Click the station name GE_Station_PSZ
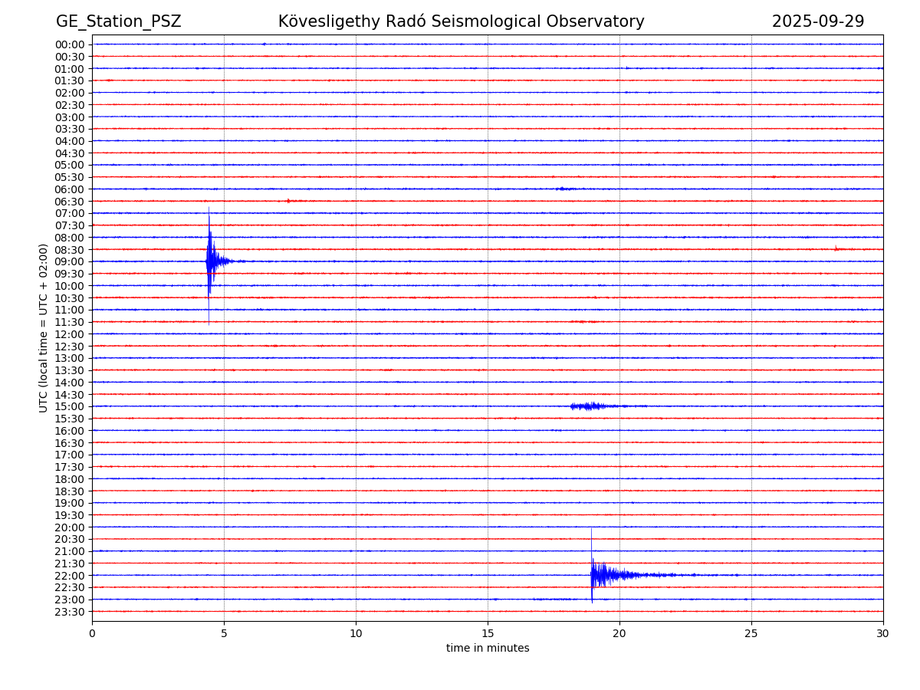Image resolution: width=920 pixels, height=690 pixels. pyautogui.click(x=118, y=22)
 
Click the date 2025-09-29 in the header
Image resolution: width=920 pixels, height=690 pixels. pyautogui.click(x=817, y=22)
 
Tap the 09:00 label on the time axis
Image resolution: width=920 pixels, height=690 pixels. pyautogui.click(x=70, y=261)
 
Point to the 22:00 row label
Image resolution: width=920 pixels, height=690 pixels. pyautogui.click(x=70, y=576)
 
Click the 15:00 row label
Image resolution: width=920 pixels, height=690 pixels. pyautogui.click(x=70, y=406)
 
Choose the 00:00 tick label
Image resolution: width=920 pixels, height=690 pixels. pyautogui.click(x=70, y=44)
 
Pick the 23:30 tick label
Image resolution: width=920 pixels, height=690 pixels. pyautogui.click(x=70, y=612)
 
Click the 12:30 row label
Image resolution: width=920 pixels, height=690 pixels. pyautogui.click(x=70, y=347)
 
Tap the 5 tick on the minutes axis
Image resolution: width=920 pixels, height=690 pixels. pyautogui.click(x=224, y=634)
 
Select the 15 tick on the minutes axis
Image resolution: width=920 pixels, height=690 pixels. pyautogui.click(x=488, y=634)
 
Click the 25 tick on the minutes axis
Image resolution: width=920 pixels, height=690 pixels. pyautogui.click(x=751, y=634)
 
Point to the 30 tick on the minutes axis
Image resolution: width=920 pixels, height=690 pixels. pyautogui.click(x=883, y=634)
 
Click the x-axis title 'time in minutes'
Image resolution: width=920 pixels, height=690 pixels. pyautogui.click(x=488, y=649)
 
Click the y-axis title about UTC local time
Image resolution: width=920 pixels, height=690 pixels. pyautogui.click(x=44, y=327)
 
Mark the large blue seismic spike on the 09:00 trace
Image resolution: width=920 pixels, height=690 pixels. pyautogui.click(x=209, y=261)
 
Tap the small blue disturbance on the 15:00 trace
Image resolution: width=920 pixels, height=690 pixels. pyautogui.click(x=589, y=406)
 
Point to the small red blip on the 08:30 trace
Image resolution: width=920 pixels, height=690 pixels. pyautogui.click(x=836, y=248)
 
